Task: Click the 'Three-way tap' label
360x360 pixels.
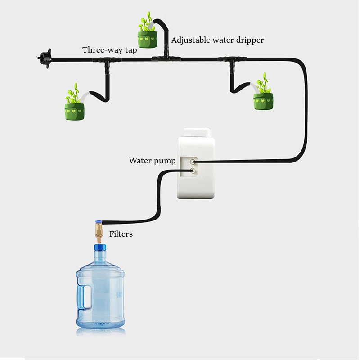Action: pos(109,50)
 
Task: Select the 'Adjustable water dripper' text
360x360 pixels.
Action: pos(217,40)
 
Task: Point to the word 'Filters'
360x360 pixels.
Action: pos(121,234)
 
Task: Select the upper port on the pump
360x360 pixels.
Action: pos(193,161)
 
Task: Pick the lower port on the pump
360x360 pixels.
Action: pos(193,171)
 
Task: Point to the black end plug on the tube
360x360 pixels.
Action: pos(44,58)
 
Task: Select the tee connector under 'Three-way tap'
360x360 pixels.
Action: pos(107,60)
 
